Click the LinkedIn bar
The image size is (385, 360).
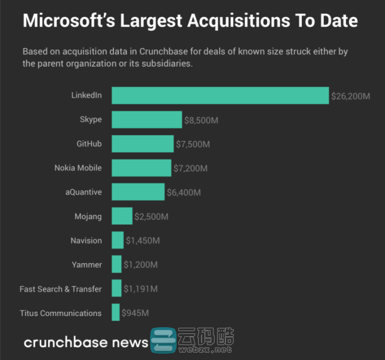click(x=220, y=96)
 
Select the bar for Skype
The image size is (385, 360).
click(x=147, y=120)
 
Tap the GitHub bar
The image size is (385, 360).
click(x=142, y=144)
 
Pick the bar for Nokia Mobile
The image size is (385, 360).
click(x=141, y=168)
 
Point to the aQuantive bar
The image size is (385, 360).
click(x=138, y=192)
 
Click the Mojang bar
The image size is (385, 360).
click(x=122, y=216)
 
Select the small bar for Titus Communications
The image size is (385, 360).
click(x=115, y=312)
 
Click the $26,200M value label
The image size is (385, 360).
click(x=350, y=96)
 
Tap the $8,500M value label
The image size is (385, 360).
click(x=202, y=120)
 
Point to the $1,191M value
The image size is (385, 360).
click(x=140, y=289)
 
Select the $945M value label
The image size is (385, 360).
click(x=135, y=313)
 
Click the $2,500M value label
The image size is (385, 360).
click(x=151, y=216)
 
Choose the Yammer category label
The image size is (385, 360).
click(x=87, y=264)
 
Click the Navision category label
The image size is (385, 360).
click(x=86, y=241)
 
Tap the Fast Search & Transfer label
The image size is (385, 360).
click(x=61, y=289)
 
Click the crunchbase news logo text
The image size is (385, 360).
click(x=85, y=342)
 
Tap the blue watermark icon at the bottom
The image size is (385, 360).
click(x=163, y=341)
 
